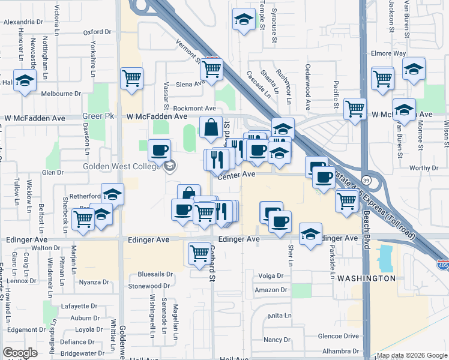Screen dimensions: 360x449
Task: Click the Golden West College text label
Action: (121, 166)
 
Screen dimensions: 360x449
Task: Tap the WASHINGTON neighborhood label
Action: (366, 278)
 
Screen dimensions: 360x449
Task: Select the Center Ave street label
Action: (237, 175)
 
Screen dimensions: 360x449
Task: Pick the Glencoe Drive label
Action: (338, 337)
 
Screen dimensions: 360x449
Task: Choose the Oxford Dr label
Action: (97, 32)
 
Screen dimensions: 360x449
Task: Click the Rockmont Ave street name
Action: (178, 108)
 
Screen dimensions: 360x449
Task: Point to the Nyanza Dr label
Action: (94, 282)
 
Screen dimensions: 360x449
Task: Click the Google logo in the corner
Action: (20, 353)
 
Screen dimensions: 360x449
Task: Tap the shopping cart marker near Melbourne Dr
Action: (131, 78)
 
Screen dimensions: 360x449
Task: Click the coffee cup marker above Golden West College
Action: (159, 150)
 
